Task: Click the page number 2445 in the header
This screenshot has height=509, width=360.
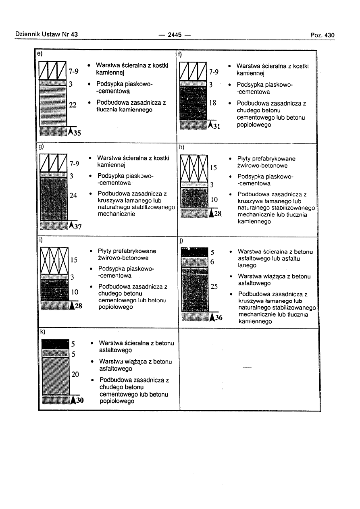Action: [175, 35]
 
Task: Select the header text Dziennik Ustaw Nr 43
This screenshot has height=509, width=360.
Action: [46, 35]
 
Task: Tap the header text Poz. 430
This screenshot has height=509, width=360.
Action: [323, 35]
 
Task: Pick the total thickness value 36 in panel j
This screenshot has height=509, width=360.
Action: [218, 318]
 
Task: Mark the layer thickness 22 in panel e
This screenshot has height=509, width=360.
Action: [73, 105]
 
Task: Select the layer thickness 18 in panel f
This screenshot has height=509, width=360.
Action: [213, 103]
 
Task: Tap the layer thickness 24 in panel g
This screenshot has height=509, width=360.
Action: [73, 195]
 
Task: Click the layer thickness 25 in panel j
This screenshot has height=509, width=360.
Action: [214, 287]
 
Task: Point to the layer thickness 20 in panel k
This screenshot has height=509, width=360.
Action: [75, 374]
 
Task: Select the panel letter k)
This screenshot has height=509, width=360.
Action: [42, 332]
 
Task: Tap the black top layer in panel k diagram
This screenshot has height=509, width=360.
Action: [55, 344]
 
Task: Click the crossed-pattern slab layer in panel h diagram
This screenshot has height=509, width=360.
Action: [194, 168]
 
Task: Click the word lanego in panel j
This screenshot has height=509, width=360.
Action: [247, 266]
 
